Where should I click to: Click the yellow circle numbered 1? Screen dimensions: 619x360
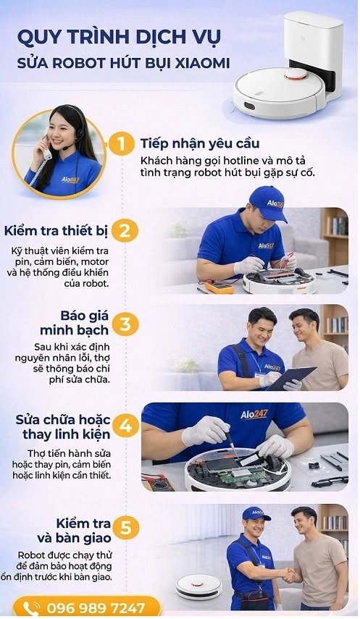pos(121,143)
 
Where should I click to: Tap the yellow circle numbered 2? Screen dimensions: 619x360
pos(125,231)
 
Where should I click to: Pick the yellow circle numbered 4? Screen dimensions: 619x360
pos(125,425)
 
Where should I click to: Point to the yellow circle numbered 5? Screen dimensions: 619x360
pos(125,528)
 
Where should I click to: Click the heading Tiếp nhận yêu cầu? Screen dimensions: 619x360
pos(200,143)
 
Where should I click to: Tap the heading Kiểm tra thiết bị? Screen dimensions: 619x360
pos(56,232)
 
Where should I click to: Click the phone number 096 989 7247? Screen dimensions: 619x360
pos(95,607)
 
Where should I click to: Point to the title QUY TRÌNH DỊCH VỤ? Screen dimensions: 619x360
pos(120,36)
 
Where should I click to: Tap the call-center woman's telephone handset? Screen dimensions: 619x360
pos(46,148)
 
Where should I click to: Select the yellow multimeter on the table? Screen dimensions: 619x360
pos(219,286)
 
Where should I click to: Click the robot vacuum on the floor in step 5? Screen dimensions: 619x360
pos(198,586)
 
